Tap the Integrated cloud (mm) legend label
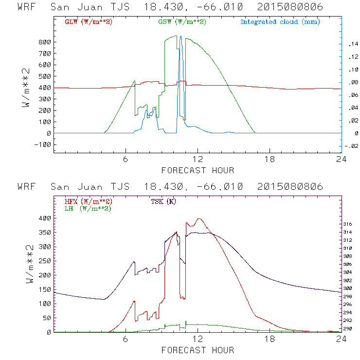pyautogui.click(x=280, y=22)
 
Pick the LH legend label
pyautogui.click(x=88, y=208)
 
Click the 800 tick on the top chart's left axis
pyautogui.click(x=45, y=42)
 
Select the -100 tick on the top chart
pyautogui.click(x=43, y=144)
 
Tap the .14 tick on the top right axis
pyautogui.click(x=352, y=44)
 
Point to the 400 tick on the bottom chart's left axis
pyautogui.click(x=45, y=218)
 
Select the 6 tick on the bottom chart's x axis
pyautogui.click(x=126, y=340)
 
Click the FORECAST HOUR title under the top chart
pyautogui.click(x=197, y=170)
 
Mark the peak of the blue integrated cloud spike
pyautogui.click(x=181, y=36)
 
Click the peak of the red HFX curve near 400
pyautogui.click(x=198, y=219)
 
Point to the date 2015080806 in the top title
pyautogui.click(x=290, y=7)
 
